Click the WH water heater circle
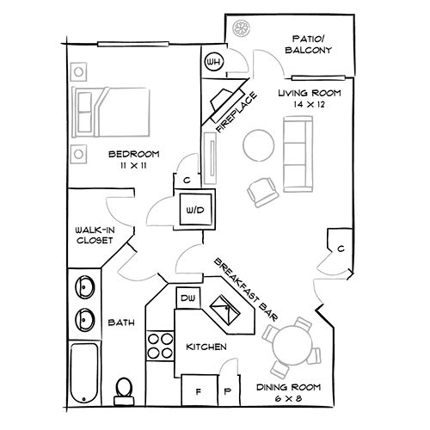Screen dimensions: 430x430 pos(214,63)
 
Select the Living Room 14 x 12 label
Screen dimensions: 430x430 pos(310,97)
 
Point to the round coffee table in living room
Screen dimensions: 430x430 pos(258,144)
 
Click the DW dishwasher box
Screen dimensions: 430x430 pos(187,298)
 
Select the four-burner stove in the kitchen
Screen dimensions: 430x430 pos(159,345)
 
